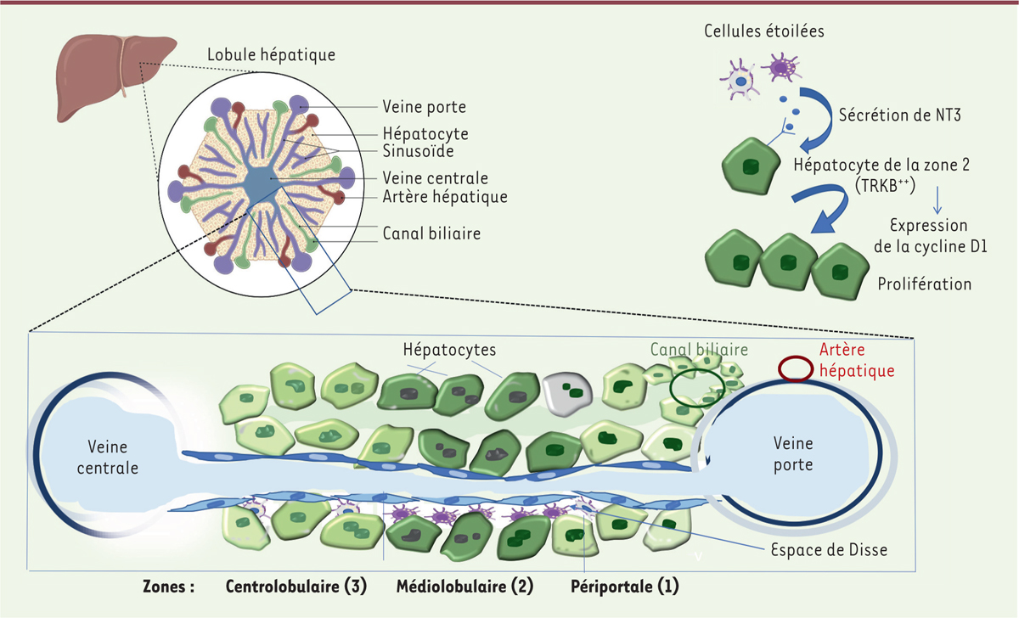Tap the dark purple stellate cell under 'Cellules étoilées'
pyautogui.click(x=783, y=68)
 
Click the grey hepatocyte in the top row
pyautogui.click(x=567, y=390)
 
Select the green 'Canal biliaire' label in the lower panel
pyautogui.click(x=699, y=349)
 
